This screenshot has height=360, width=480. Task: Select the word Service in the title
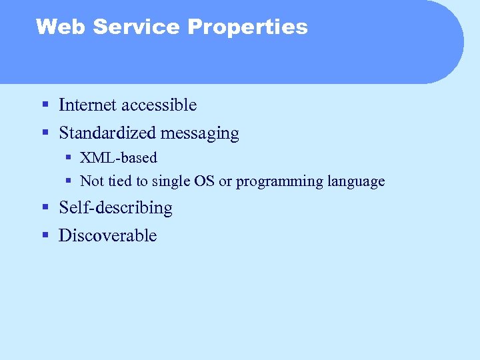137,27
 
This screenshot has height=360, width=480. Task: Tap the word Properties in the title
247,27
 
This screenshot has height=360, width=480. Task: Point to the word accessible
161,105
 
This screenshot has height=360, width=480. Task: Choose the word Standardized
107,133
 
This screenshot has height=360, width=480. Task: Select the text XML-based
119,158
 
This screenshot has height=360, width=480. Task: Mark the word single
172,181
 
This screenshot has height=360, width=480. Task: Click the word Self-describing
115,208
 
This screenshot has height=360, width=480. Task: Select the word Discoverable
107,235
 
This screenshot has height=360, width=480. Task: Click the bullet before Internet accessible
45,105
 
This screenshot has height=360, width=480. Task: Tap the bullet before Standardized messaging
45,133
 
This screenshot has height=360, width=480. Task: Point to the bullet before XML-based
69,159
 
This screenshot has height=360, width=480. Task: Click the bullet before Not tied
69,181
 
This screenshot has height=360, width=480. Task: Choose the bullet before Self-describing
45,208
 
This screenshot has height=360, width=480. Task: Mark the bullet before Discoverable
45,236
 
